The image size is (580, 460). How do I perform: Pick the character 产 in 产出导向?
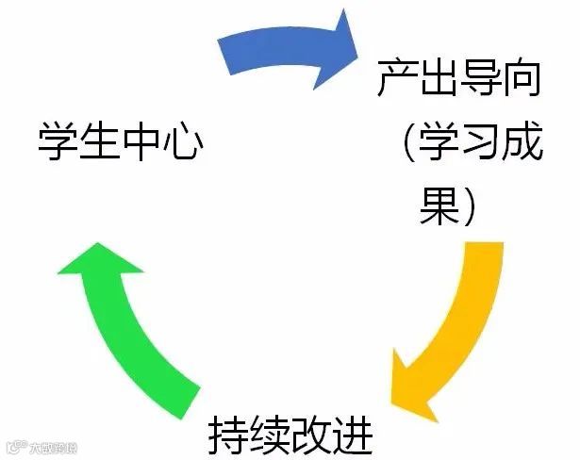396,80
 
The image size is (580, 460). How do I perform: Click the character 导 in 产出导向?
480,80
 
